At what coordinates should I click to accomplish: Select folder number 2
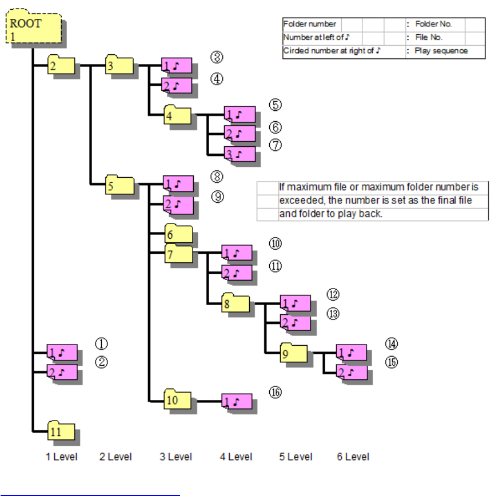click(x=61, y=66)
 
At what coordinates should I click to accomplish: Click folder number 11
click(x=62, y=432)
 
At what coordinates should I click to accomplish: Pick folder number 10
click(x=178, y=399)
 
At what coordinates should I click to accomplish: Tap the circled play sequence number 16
click(x=276, y=393)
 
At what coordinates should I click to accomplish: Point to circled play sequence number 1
click(x=101, y=344)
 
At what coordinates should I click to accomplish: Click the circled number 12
click(x=333, y=295)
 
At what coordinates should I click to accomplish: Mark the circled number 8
click(x=216, y=176)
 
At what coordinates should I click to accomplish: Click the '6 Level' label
click(x=353, y=457)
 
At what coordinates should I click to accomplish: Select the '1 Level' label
click(x=62, y=457)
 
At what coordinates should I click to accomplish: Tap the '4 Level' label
click(x=236, y=457)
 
